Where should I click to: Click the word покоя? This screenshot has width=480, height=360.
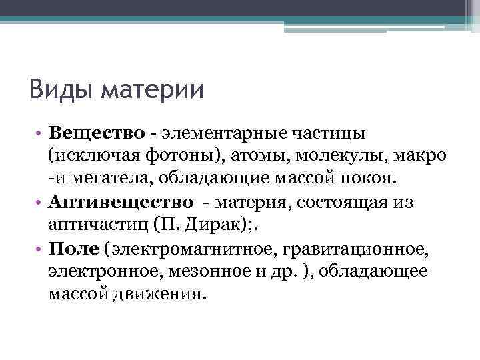370,179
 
